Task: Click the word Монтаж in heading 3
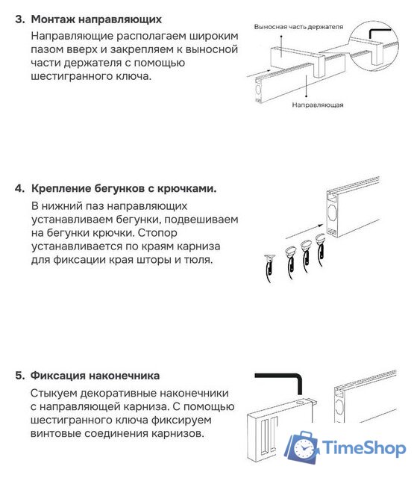pos(54,19)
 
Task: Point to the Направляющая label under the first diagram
pos(318,105)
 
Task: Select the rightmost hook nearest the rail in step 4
pos(322,247)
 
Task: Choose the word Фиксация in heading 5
pos(59,375)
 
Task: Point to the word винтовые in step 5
pos(59,433)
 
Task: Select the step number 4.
pos(19,188)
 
